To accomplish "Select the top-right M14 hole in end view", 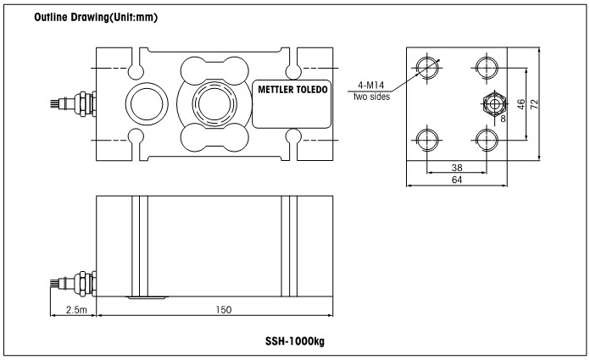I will pyautogui.click(x=487, y=67).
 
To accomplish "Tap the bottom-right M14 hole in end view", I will pyautogui.click(x=487, y=137).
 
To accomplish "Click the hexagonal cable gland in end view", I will pyautogui.click(x=492, y=102).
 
